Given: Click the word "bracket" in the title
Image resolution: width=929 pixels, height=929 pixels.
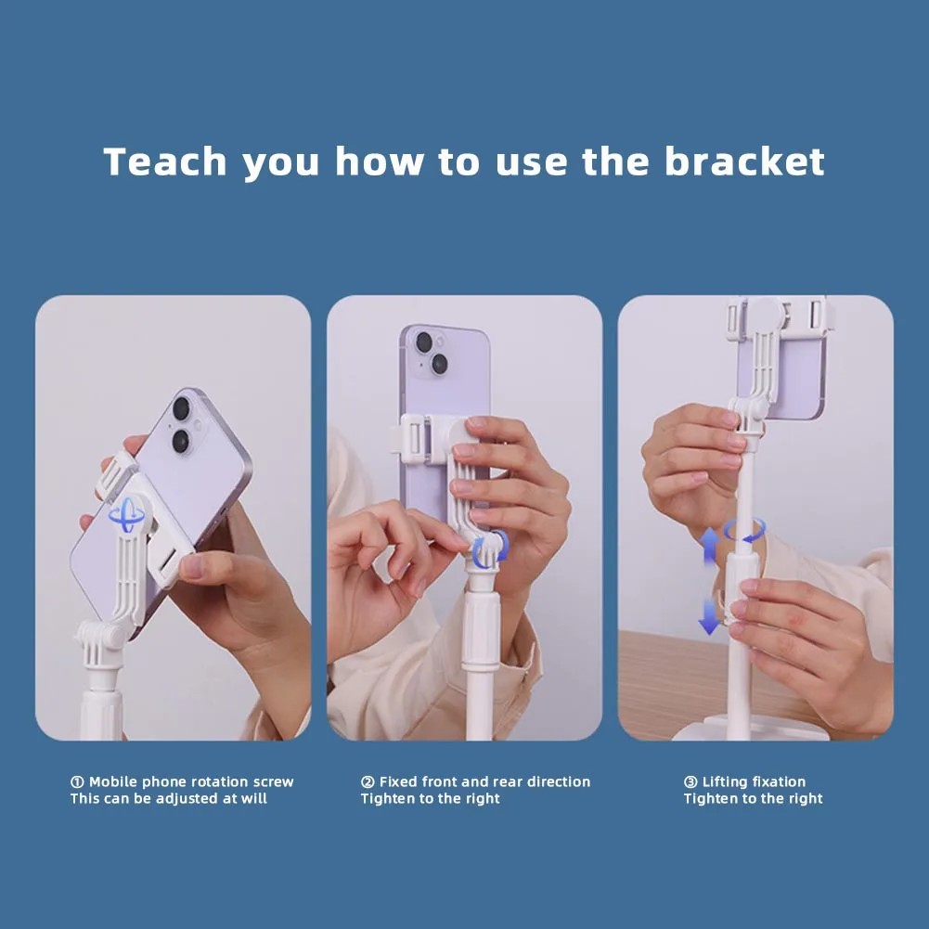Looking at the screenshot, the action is pos(744,161).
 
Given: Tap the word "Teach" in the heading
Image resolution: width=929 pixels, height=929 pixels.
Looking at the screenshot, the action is pos(165,161).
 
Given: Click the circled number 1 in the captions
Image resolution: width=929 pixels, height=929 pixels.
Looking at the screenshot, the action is pos(77,782).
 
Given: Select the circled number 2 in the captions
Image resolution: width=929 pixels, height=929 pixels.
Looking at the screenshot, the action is pos(368,782).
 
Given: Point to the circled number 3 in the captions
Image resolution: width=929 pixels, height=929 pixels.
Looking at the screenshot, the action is pos(690,782).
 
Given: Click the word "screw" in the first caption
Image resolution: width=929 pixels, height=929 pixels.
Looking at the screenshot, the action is pos(273,782).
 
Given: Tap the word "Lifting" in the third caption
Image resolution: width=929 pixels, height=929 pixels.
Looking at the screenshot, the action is pos(725,782).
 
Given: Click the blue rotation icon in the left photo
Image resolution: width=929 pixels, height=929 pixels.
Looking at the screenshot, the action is pos(126,515).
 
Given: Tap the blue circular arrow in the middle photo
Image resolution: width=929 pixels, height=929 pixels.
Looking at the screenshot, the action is pos(491,549).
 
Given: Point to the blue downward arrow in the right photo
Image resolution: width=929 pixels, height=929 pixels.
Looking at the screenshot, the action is pos(709,616).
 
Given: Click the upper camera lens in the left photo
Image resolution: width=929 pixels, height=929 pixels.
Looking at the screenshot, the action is pos(181,408).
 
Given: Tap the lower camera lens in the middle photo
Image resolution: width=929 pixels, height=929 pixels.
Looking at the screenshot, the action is pos(440,364).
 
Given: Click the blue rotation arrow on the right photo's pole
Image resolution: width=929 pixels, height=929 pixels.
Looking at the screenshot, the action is pos(744,530).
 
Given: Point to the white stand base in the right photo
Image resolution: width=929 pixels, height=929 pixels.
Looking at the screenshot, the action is pos(751,729).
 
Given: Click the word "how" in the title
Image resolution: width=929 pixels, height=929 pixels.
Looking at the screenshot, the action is pos(380,161).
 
